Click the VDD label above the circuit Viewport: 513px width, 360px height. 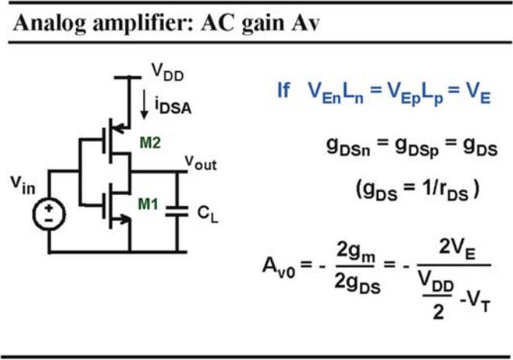[x=167, y=72]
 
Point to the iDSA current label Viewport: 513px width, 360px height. [x=173, y=106]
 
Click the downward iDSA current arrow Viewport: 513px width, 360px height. [x=144, y=104]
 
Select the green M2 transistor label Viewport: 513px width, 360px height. [x=150, y=142]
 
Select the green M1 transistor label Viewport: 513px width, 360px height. [x=149, y=204]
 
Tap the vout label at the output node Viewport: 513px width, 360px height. [x=200, y=163]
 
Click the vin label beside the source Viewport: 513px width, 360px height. [x=22, y=185]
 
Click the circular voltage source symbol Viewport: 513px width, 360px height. [x=49, y=214]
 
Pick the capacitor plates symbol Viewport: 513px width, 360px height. [x=177, y=211]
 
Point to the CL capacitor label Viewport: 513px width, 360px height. [x=207, y=214]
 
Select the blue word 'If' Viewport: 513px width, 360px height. [x=283, y=90]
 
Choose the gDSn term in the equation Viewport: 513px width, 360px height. [x=348, y=146]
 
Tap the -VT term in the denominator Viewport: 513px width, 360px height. [x=475, y=303]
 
